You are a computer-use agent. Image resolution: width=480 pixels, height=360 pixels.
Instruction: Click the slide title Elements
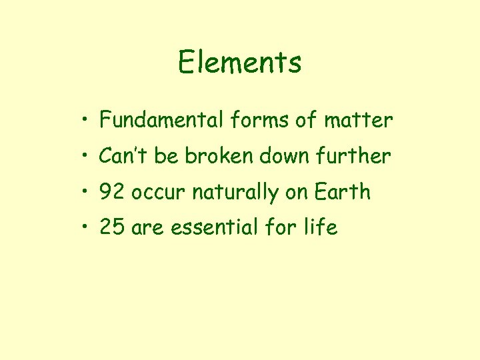tap(239, 63)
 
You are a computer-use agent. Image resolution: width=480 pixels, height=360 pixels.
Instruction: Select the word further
tap(358, 156)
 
